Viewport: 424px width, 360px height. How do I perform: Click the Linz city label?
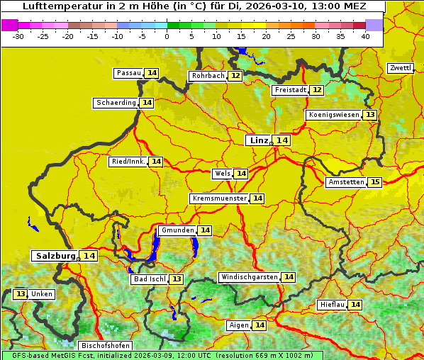tap(259, 140)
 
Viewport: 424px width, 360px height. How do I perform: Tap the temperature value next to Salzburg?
tap(89, 256)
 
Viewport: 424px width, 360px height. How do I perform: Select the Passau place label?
tap(129, 73)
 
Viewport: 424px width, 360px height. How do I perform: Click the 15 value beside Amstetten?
tap(375, 182)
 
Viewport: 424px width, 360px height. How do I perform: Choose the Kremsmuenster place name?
tap(220, 198)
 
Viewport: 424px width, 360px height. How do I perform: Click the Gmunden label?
tap(177, 230)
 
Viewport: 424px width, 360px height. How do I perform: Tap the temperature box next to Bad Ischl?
tap(176, 279)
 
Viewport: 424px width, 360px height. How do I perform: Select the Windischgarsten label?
tap(249, 277)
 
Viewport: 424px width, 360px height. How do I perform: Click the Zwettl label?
tap(400, 68)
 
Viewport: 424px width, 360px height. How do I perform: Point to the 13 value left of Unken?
tap(21, 294)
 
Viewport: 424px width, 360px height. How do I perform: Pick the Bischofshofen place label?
tap(105, 345)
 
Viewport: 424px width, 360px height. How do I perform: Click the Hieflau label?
tap(333, 305)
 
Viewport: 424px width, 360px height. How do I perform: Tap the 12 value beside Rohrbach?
tap(235, 76)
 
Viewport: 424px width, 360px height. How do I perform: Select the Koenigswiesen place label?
tap(333, 115)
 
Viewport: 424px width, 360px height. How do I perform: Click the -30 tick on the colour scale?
tap(18, 35)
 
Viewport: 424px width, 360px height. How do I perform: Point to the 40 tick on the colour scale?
tap(365, 35)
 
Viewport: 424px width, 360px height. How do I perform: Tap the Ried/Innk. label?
tap(128, 162)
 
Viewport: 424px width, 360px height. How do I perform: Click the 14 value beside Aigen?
tap(260, 325)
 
